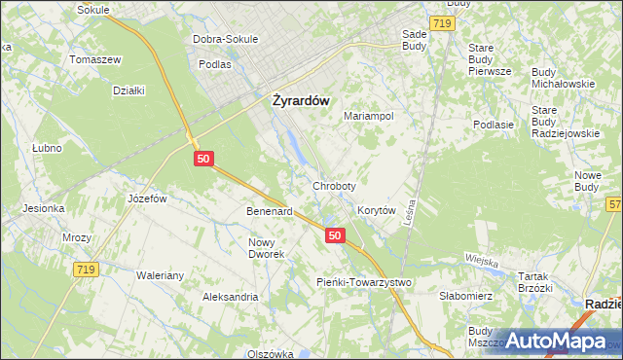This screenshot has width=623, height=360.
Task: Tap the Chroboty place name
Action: tap(334, 185)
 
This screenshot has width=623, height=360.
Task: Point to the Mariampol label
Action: tap(369, 116)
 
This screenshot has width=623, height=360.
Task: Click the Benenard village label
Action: tap(270, 211)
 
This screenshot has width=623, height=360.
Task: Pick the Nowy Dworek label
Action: tap(267, 248)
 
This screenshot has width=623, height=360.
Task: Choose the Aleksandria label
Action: tap(230, 297)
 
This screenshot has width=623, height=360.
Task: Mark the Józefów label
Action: tap(148, 198)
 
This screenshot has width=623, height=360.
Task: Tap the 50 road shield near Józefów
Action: tap(203, 158)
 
